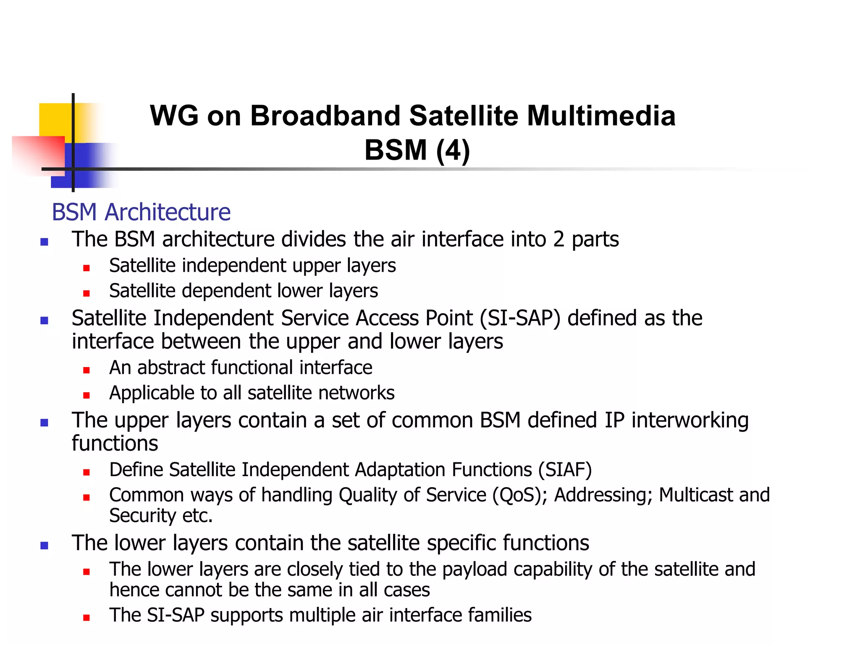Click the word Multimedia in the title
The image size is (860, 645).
click(x=601, y=116)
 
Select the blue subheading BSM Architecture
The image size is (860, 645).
click(x=141, y=212)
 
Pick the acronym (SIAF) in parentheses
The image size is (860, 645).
click(x=565, y=470)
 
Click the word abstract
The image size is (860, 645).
click(x=171, y=368)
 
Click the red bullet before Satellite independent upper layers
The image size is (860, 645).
click(x=87, y=268)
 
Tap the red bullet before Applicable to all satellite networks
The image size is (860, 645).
click(x=87, y=395)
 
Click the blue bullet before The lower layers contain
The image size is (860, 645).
click(x=44, y=545)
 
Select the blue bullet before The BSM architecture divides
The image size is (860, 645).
click(x=44, y=241)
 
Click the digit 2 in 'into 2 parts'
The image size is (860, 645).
click(x=558, y=239)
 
